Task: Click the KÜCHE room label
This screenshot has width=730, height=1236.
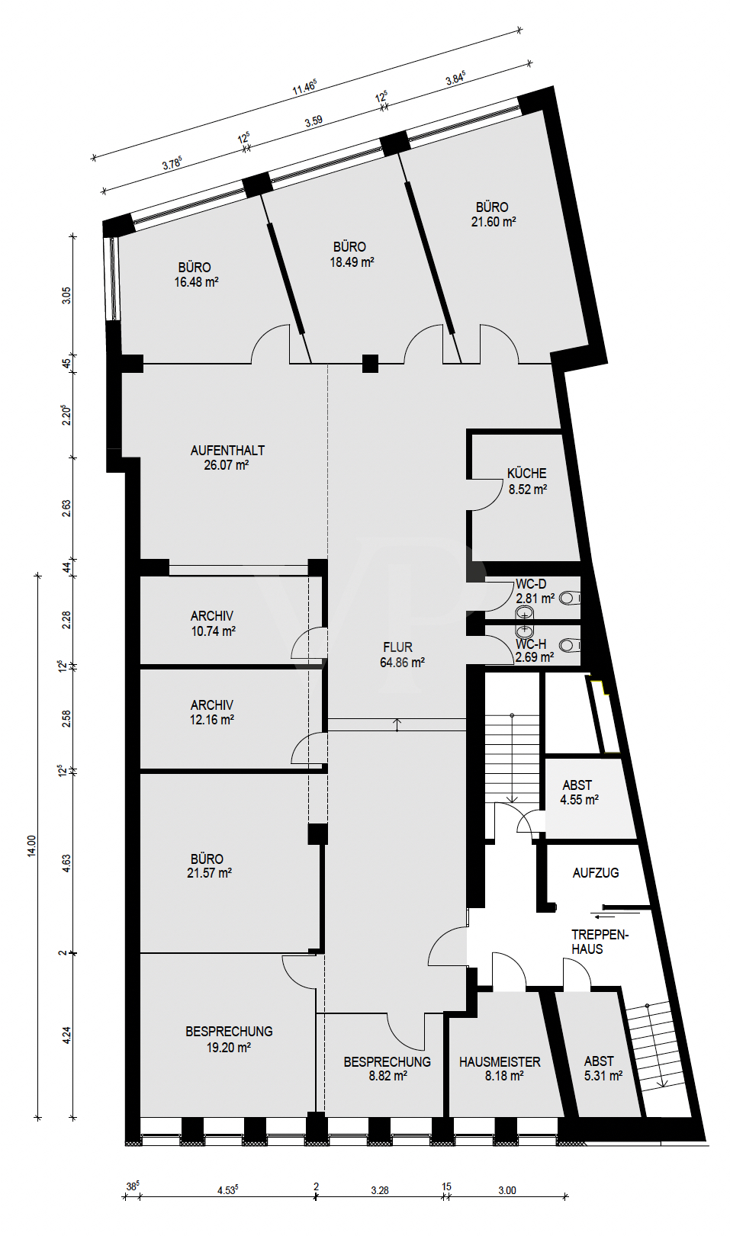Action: point(526,474)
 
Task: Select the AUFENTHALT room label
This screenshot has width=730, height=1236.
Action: point(227,451)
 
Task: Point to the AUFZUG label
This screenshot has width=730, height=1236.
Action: point(595,873)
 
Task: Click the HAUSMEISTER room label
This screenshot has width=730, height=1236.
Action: point(500,1061)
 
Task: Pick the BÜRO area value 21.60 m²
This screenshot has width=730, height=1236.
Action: point(494,222)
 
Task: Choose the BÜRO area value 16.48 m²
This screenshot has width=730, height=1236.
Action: point(196,282)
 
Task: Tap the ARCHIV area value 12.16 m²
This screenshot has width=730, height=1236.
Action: point(211,720)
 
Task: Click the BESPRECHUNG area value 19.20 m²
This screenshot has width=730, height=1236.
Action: point(228,1048)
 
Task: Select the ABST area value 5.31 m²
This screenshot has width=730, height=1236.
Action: point(603,1076)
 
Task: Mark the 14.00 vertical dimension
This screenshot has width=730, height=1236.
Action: point(31,846)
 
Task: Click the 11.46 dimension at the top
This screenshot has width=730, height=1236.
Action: point(304,88)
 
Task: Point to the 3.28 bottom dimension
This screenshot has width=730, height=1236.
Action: point(379,1190)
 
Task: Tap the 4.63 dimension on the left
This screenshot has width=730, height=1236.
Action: point(66,863)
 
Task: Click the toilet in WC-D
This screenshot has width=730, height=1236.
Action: point(569,598)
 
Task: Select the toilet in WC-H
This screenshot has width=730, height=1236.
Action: point(569,646)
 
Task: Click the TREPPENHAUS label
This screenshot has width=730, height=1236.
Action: point(600,942)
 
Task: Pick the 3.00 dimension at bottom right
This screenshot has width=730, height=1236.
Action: point(506,1190)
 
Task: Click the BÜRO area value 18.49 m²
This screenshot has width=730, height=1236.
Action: point(352,262)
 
